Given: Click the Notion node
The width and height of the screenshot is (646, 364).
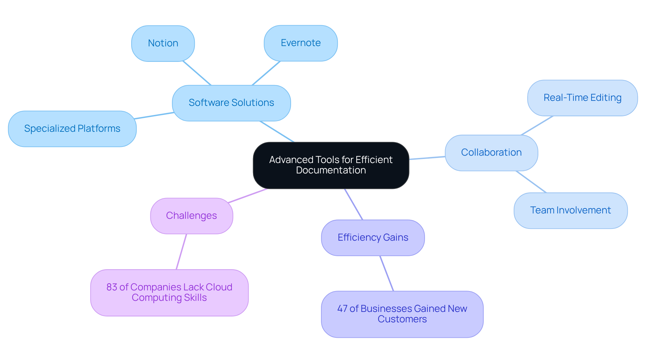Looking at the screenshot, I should coord(163,43).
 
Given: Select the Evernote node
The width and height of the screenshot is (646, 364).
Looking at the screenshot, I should coord(300,43).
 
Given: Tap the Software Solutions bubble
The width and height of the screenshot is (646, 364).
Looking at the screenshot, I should coord(231,103).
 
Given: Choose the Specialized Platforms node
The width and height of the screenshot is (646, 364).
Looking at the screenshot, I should coord(72,129).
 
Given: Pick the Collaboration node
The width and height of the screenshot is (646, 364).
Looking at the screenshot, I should coord(491,153).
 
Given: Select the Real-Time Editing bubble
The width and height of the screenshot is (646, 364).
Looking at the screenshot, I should coord(582,98).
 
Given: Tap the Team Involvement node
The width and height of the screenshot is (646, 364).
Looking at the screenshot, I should coord(570,210).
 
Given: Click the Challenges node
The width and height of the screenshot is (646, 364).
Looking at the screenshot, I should coord(191,216).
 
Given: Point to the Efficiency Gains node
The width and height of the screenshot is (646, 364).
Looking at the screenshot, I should coord(372,238).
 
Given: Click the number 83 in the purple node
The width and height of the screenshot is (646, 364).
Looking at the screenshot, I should coord(112,287).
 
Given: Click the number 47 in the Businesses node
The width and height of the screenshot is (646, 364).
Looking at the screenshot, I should coord(342,309).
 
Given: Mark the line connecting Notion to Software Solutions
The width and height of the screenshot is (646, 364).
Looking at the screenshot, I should coord(197,73).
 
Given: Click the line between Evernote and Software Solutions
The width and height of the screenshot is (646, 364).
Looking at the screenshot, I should coord(266,73).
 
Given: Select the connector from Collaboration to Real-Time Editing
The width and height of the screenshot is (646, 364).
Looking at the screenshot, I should coord(537,126).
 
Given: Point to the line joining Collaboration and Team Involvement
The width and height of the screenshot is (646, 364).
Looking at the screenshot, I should coord(531,182).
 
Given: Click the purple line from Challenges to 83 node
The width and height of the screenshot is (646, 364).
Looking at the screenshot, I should coord(181,252).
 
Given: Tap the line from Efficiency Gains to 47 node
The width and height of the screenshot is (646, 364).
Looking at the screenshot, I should coord(387,274).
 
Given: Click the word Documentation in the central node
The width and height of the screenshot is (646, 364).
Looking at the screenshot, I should coord(331,170).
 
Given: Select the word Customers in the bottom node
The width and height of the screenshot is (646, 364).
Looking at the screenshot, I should coord(402,319).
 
